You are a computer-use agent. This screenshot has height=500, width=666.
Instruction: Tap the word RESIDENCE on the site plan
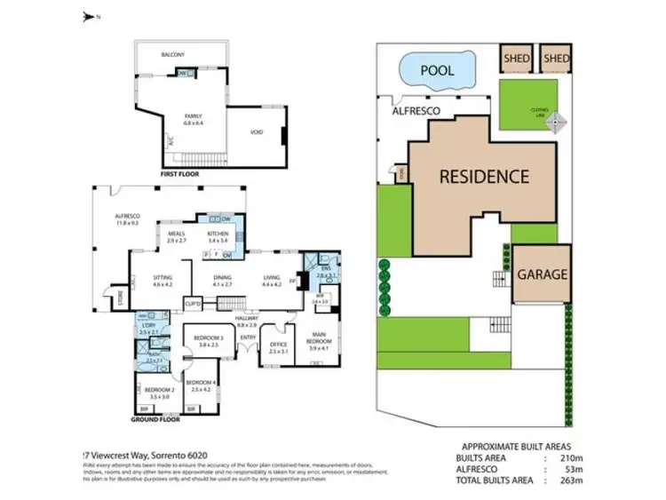pos(485,176)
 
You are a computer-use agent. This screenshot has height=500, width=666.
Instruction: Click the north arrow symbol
pos(88,16)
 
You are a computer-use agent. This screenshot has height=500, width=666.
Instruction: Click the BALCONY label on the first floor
pos(173,55)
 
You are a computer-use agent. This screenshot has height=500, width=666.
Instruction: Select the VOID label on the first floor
pos(257,131)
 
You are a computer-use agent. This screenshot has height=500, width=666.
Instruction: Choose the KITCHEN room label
pos(218,235)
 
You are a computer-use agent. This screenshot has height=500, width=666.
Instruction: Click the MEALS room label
pos(176,235)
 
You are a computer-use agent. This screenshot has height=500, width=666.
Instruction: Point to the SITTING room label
pos(162,280)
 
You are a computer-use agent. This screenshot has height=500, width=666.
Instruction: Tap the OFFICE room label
pos(277,346)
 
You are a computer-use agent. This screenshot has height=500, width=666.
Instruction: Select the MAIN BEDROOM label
pos(317,338)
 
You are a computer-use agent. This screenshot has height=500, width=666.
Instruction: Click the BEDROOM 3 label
pos(210,338)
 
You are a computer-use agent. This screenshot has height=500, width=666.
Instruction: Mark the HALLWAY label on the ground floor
pos(246,317)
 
